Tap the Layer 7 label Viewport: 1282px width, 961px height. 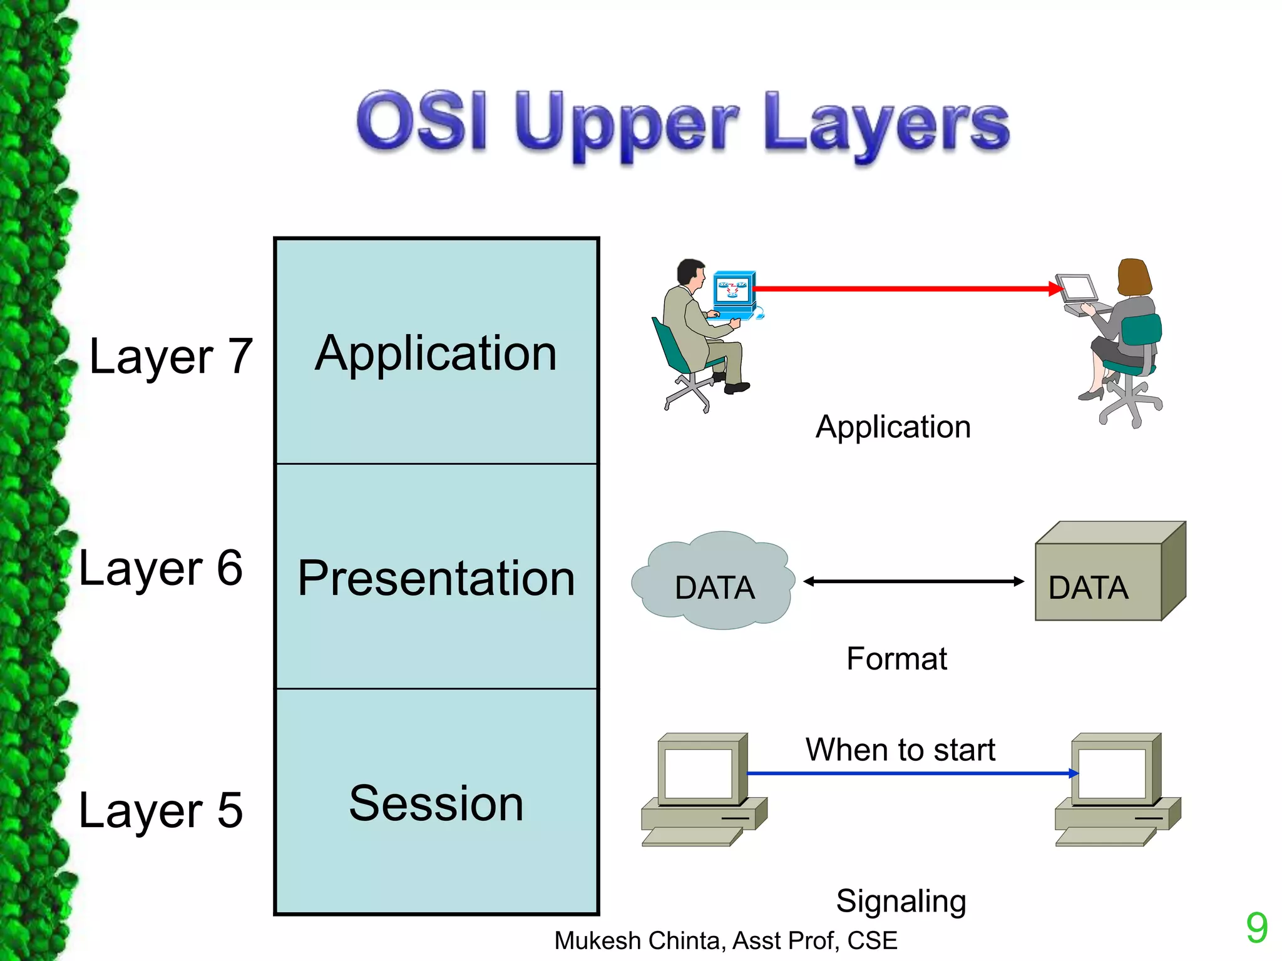[x=171, y=357]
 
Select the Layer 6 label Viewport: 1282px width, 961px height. [x=161, y=568]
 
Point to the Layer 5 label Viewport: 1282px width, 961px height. [x=161, y=810]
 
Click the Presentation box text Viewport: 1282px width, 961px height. [x=436, y=578]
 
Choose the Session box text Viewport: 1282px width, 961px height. [x=436, y=804]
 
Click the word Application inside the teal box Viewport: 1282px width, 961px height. [x=436, y=353]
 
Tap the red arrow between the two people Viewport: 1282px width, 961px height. [x=901, y=288]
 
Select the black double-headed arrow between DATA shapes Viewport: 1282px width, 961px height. [x=913, y=581]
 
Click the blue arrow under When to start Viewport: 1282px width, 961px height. [x=908, y=773]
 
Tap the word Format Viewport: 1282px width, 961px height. [x=896, y=659]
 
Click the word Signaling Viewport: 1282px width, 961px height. [x=901, y=901]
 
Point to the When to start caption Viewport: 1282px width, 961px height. [x=900, y=750]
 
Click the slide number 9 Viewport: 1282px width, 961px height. [x=1256, y=928]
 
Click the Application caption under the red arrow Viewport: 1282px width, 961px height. [x=893, y=427]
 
